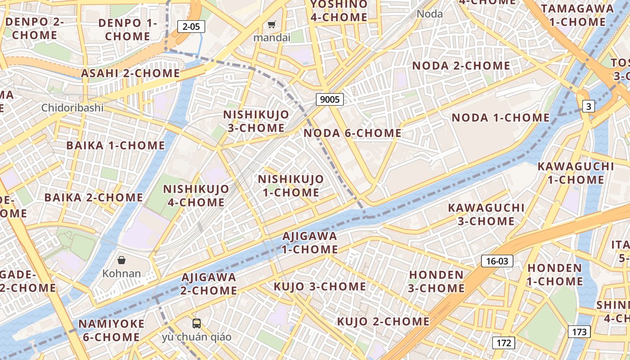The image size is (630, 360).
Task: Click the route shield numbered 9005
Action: (x=329, y=99)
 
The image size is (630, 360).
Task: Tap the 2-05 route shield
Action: (x=191, y=27)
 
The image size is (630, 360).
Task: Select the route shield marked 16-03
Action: (x=497, y=261)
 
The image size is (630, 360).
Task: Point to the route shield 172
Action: (x=504, y=343)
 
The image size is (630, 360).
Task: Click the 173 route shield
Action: (x=579, y=332)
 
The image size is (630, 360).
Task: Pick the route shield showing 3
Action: (x=589, y=107)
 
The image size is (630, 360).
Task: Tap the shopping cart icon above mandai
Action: (x=271, y=25)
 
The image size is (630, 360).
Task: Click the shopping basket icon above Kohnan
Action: (x=121, y=260)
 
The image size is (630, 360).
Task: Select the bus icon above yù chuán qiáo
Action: (x=197, y=323)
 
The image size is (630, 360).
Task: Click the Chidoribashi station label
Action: (x=72, y=108)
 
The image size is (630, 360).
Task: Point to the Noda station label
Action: (x=430, y=14)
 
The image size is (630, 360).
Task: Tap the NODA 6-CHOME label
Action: (x=352, y=133)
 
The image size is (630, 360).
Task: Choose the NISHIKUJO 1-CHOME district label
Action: (x=291, y=186)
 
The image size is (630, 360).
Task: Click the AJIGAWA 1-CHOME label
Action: (x=310, y=243)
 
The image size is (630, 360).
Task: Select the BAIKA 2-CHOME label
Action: (x=94, y=198)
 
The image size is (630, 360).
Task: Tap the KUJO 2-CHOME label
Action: (x=383, y=321)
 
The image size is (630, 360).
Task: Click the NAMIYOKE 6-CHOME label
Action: (x=112, y=330)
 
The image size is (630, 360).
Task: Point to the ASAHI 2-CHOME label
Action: (x=130, y=73)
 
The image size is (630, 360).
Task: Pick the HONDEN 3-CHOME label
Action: (x=436, y=281)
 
